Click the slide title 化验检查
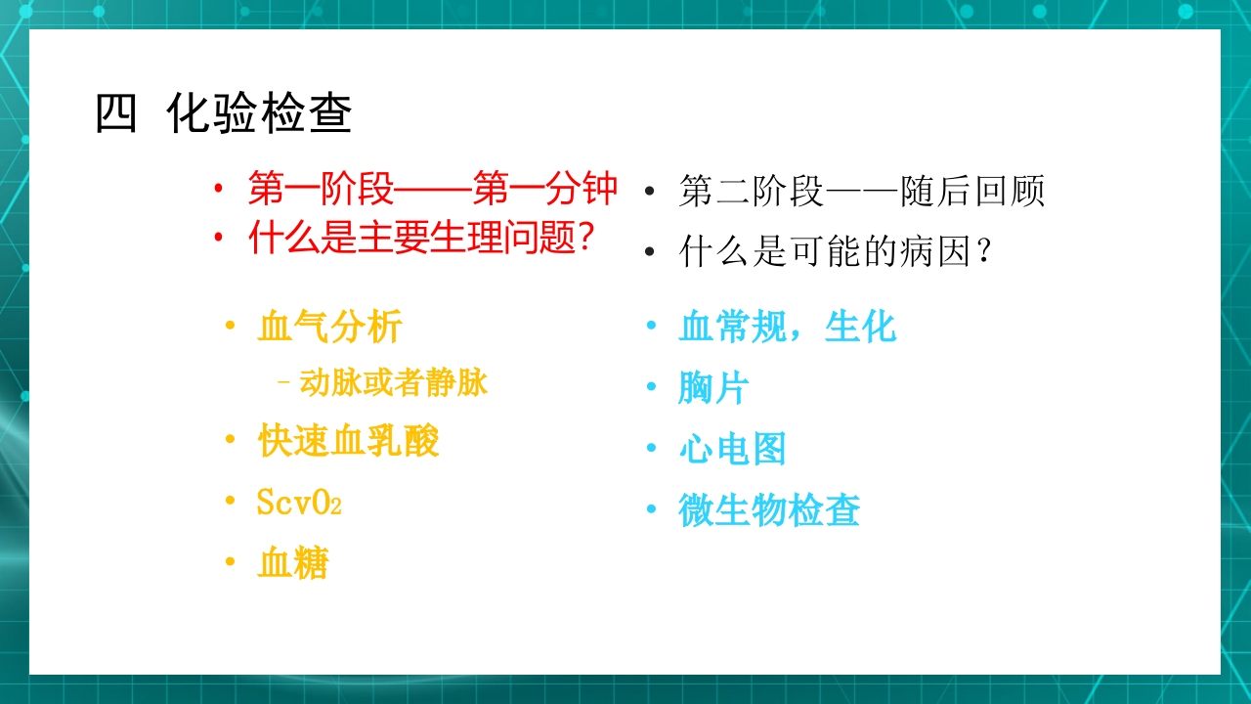(259, 115)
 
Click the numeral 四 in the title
(115, 115)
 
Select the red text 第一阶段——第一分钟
(432, 190)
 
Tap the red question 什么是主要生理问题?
(421, 239)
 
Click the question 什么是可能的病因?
(837, 253)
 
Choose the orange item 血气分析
(329, 327)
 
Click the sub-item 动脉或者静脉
(393, 383)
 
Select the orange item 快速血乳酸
(348, 441)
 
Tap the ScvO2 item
(298, 503)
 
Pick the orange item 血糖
(292, 563)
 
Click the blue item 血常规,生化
(787, 327)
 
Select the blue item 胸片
(713, 388)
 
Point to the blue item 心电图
(732, 450)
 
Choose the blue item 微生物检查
(769, 510)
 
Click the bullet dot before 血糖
(231, 562)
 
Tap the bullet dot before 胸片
(651, 387)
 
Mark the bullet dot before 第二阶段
(650, 192)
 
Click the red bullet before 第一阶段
(219, 189)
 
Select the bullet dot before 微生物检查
(651, 509)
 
